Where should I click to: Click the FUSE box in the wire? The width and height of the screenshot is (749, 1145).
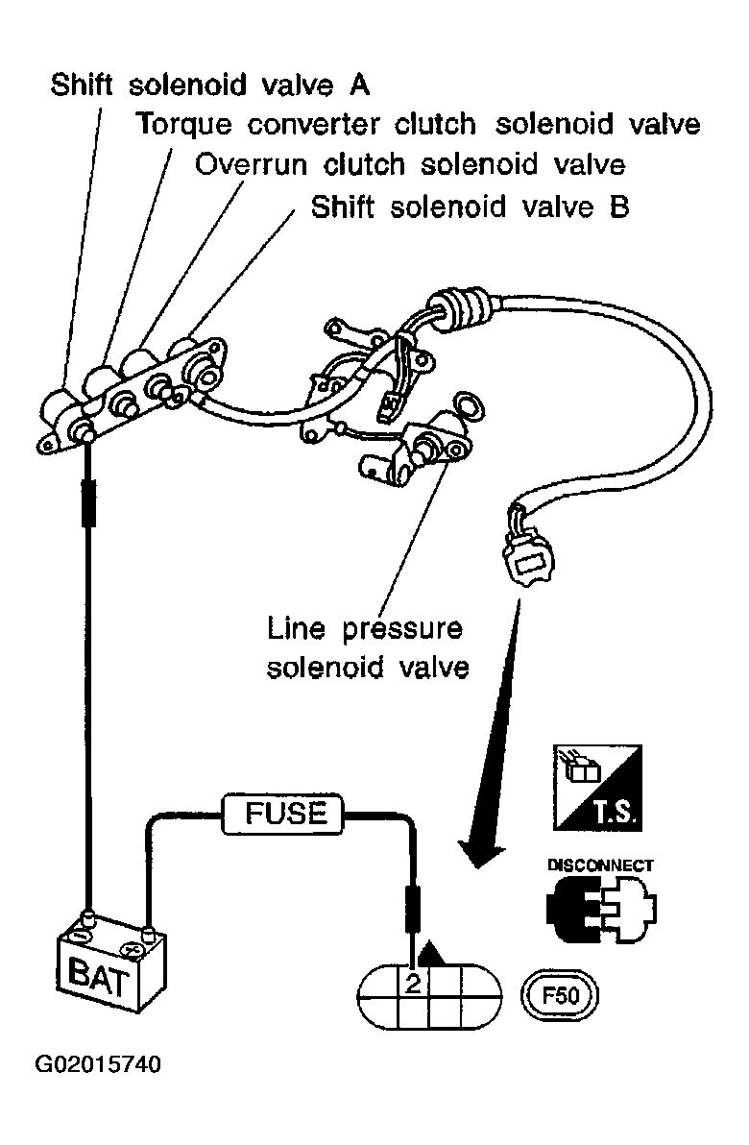(x=284, y=815)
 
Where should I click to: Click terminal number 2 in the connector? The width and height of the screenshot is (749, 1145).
(x=413, y=983)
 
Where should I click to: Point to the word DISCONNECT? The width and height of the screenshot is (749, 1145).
(x=600, y=865)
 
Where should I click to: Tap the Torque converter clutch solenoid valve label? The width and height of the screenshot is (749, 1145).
(x=418, y=125)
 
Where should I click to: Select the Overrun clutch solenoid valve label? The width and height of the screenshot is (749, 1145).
(x=410, y=165)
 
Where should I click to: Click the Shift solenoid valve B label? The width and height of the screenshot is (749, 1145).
(x=471, y=207)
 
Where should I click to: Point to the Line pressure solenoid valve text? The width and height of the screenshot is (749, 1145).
(x=367, y=648)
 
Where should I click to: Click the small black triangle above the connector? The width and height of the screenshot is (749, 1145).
(x=434, y=955)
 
